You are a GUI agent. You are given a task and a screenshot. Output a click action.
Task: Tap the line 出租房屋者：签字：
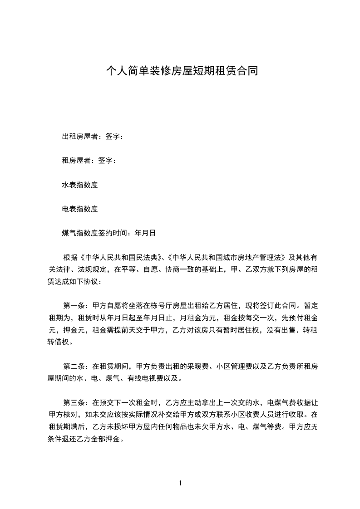(93, 136)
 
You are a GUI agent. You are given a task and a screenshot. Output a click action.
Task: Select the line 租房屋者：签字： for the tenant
(89, 161)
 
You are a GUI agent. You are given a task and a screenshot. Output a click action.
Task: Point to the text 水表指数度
(80, 185)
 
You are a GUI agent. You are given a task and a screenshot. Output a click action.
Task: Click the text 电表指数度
(80, 209)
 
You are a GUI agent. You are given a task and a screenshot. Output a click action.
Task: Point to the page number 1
(180, 483)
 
